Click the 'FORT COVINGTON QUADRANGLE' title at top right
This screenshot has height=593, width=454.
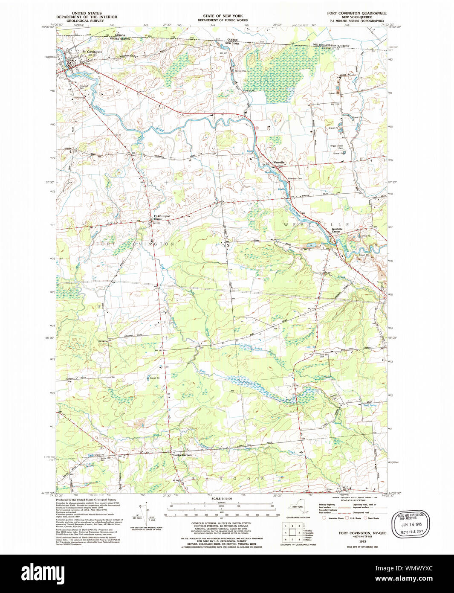(357, 13)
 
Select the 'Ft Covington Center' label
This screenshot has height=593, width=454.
(162, 217)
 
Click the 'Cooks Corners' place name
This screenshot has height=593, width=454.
(182, 455)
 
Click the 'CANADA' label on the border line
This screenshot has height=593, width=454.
(119, 35)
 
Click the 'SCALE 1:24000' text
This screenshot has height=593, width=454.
(220, 499)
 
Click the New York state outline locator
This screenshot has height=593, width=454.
(294, 507)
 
